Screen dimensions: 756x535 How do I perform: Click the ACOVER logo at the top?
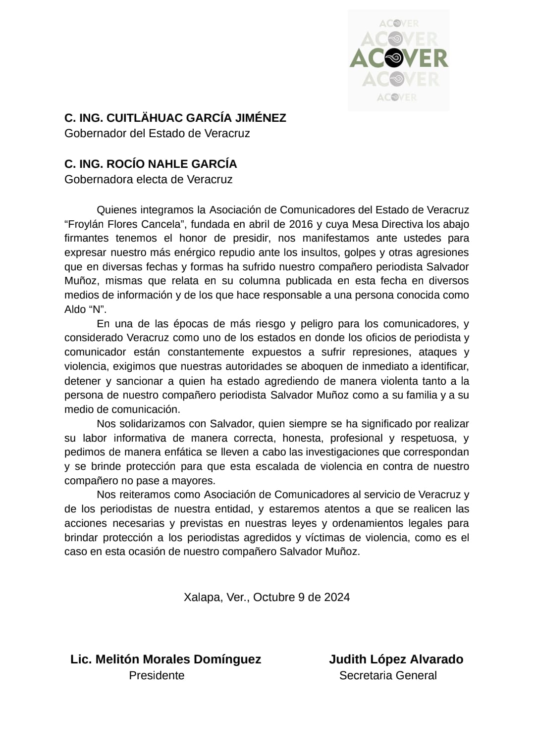(399, 59)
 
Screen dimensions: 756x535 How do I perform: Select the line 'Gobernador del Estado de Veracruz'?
(157, 133)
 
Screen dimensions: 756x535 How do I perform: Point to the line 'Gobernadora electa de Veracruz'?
(148, 179)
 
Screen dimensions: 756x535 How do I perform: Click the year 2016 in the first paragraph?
(301, 224)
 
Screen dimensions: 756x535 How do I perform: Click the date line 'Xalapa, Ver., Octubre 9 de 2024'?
(267, 597)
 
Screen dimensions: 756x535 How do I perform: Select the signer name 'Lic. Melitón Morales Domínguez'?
(165, 659)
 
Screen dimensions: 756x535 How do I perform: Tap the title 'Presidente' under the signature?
(157, 675)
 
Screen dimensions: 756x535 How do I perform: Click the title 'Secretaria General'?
(388, 675)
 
